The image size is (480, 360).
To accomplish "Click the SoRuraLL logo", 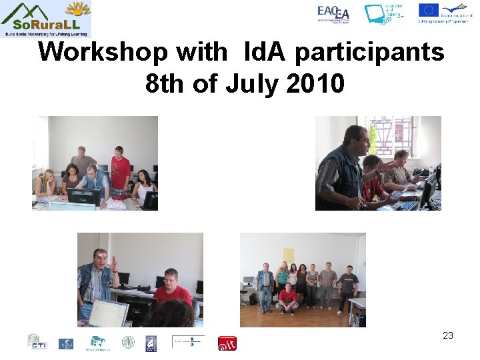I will pos(45,18).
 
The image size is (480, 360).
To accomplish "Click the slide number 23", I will pos(447,335).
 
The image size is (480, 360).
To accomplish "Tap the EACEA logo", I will pos(333,13).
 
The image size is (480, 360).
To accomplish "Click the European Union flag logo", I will pos(428,10).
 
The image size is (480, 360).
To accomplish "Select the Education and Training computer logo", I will pos(384,14).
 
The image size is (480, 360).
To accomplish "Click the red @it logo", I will pos(227,343).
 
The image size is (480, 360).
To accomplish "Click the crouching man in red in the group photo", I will pos(288,299).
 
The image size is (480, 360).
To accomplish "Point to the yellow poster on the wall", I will pos(288,255).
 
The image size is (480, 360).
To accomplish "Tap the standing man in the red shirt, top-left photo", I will pos(120,170).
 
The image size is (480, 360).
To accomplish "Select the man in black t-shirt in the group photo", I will pos(347,287).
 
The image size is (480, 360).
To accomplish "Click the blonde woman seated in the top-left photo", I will pos(47,183).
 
